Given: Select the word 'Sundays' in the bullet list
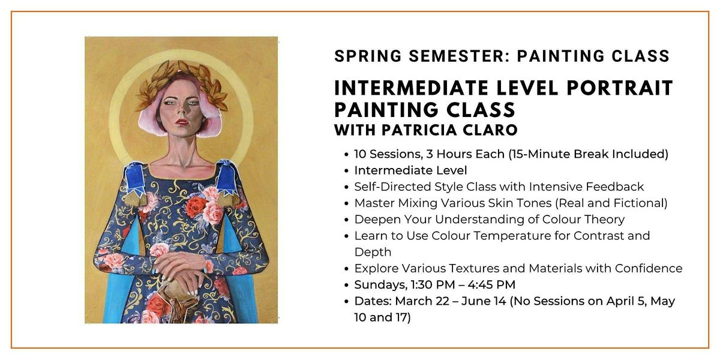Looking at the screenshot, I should pos(377,285).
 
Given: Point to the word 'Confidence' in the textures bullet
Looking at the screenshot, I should pos(651,268).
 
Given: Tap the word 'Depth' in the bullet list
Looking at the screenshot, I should pos(373,252).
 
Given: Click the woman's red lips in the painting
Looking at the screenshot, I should pos(181,122).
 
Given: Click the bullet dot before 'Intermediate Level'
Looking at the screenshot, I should pos(347,171).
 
